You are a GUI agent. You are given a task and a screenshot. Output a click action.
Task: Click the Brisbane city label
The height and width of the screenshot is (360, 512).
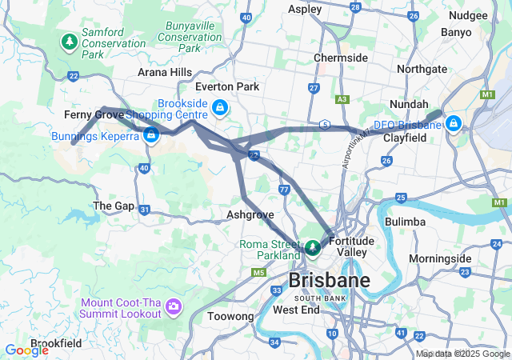coord(329,281)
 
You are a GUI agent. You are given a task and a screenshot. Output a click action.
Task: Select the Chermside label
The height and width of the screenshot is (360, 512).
coord(341,58)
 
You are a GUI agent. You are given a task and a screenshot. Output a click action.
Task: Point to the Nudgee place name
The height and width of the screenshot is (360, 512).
coord(468,15)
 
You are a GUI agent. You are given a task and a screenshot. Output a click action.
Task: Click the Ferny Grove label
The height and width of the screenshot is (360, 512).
coord(94,115)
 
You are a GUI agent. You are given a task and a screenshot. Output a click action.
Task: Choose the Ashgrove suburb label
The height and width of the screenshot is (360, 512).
coord(250,214)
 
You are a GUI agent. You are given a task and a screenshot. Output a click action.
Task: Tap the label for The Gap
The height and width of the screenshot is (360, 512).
coord(114,206)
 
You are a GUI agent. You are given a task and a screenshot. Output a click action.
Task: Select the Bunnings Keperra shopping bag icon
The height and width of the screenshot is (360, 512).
coord(150,134)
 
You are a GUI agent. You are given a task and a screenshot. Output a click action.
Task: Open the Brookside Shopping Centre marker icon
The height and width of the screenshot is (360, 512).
coord(219,107)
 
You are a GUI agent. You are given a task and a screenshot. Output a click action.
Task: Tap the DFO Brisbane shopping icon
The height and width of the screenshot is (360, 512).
coord(454,124)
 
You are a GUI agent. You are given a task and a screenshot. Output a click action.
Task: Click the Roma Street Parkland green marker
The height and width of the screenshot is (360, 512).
coord(310,248)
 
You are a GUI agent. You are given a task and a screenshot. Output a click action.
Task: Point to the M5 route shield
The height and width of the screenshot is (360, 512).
coord(258,273)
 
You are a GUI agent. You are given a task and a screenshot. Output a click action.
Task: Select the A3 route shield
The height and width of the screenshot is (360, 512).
coord(342,99)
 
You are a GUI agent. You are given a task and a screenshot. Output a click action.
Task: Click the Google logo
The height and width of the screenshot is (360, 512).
coord(26,350)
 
